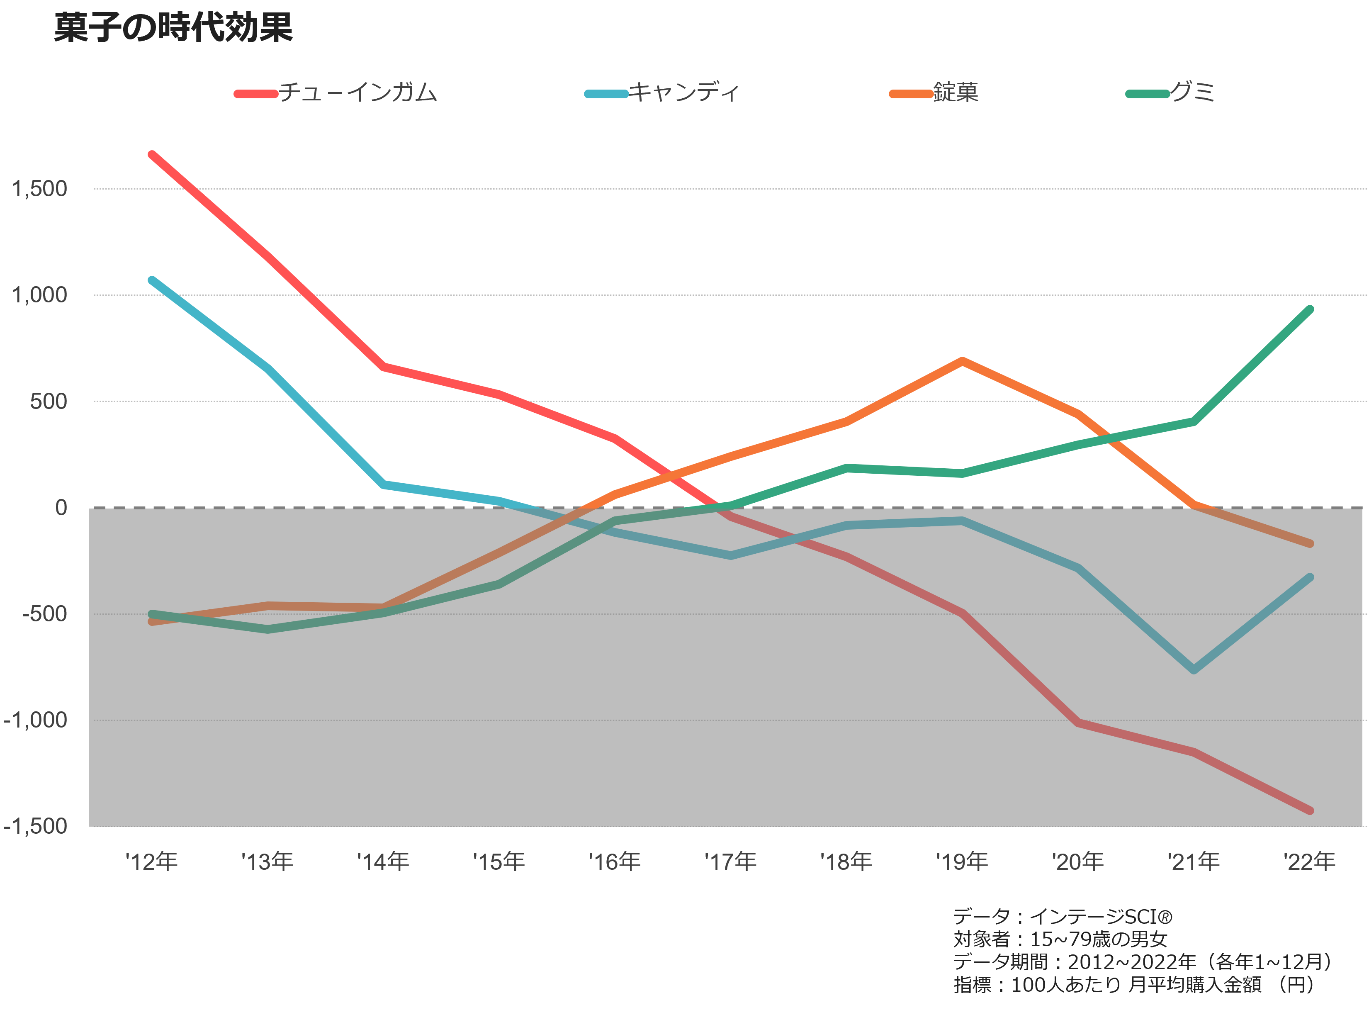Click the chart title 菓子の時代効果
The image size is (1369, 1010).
pos(174,27)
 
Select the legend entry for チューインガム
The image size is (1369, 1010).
pos(336,93)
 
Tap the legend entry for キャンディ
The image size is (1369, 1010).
pos(662,93)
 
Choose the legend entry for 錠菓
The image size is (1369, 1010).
pos(934,93)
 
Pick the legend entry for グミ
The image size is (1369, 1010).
pos(1170,93)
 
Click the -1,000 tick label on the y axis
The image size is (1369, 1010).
pos(35,720)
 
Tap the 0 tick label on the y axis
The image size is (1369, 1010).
pos(61,507)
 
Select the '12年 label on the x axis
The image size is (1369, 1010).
pos(151,862)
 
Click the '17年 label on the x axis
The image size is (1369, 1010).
pos(730,862)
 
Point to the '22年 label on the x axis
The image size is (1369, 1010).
pos(1309,862)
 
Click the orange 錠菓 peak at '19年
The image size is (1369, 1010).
pos(962,361)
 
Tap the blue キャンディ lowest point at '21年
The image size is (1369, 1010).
pos(1194,670)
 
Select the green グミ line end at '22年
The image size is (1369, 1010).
pos(1310,310)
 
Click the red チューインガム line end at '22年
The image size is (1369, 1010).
pos(1310,810)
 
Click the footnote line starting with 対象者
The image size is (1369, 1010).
pos(1060,939)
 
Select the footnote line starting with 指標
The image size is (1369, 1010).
pos(1134,984)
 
